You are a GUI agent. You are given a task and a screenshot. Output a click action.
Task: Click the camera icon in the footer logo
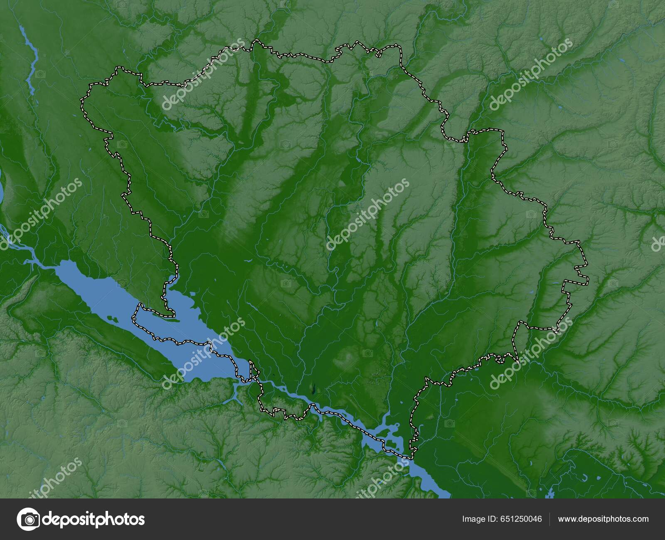click(29, 519)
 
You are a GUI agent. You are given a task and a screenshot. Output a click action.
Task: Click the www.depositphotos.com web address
click(603, 519)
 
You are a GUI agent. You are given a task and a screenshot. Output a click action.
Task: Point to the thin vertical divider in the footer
click(550, 519)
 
